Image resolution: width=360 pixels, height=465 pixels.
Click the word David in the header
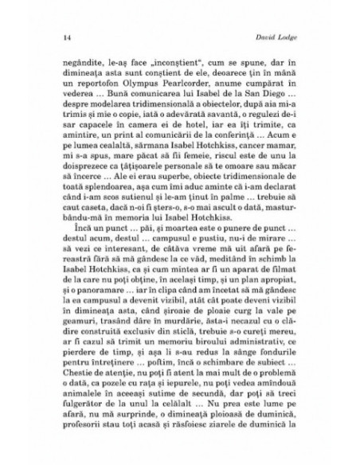pos(259,37)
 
